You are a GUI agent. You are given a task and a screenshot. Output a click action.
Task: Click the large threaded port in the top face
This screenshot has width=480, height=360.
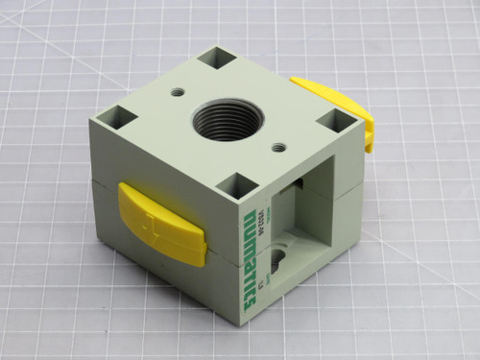(x=224, y=120)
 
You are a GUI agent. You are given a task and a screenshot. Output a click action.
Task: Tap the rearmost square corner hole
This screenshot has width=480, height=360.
(x=223, y=60)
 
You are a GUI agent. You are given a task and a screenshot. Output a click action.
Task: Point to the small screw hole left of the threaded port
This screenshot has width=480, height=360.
(x=178, y=93)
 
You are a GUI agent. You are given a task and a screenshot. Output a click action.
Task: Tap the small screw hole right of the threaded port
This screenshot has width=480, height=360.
(x=278, y=147)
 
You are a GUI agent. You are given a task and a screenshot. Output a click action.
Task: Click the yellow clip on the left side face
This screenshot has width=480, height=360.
(x=161, y=224)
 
